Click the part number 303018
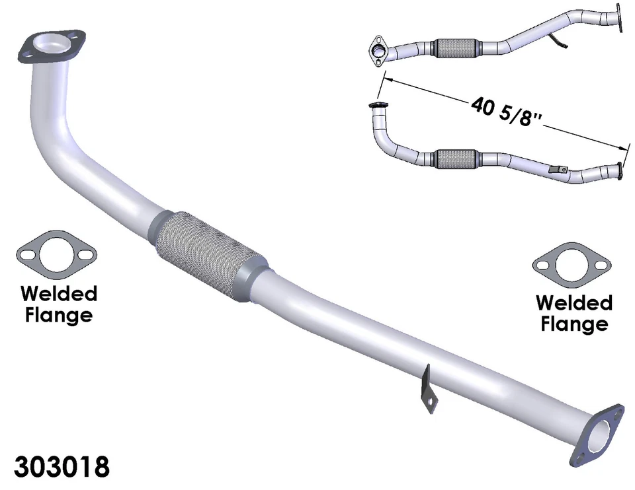61,466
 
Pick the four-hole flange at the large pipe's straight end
599,437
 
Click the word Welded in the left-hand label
59,293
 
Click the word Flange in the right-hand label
573,324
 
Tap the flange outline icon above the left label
57,255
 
